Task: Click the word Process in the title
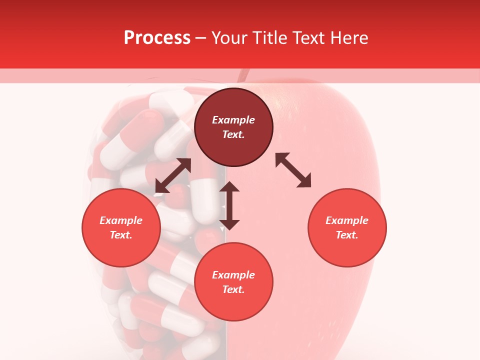click(157, 38)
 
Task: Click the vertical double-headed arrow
click(229, 205)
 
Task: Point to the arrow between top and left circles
click(173, 175)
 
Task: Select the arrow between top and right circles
click(293, 170)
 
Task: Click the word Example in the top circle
click(233, 120)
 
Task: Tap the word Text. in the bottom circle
click(233, 289)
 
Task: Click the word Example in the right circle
click(347, 220)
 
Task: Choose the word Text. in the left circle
click(121, 235)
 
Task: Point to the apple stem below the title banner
click(243, 75)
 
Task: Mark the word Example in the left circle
click(121, 220)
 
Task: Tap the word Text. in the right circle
click(347, 235)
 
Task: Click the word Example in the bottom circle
click(233, 275)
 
